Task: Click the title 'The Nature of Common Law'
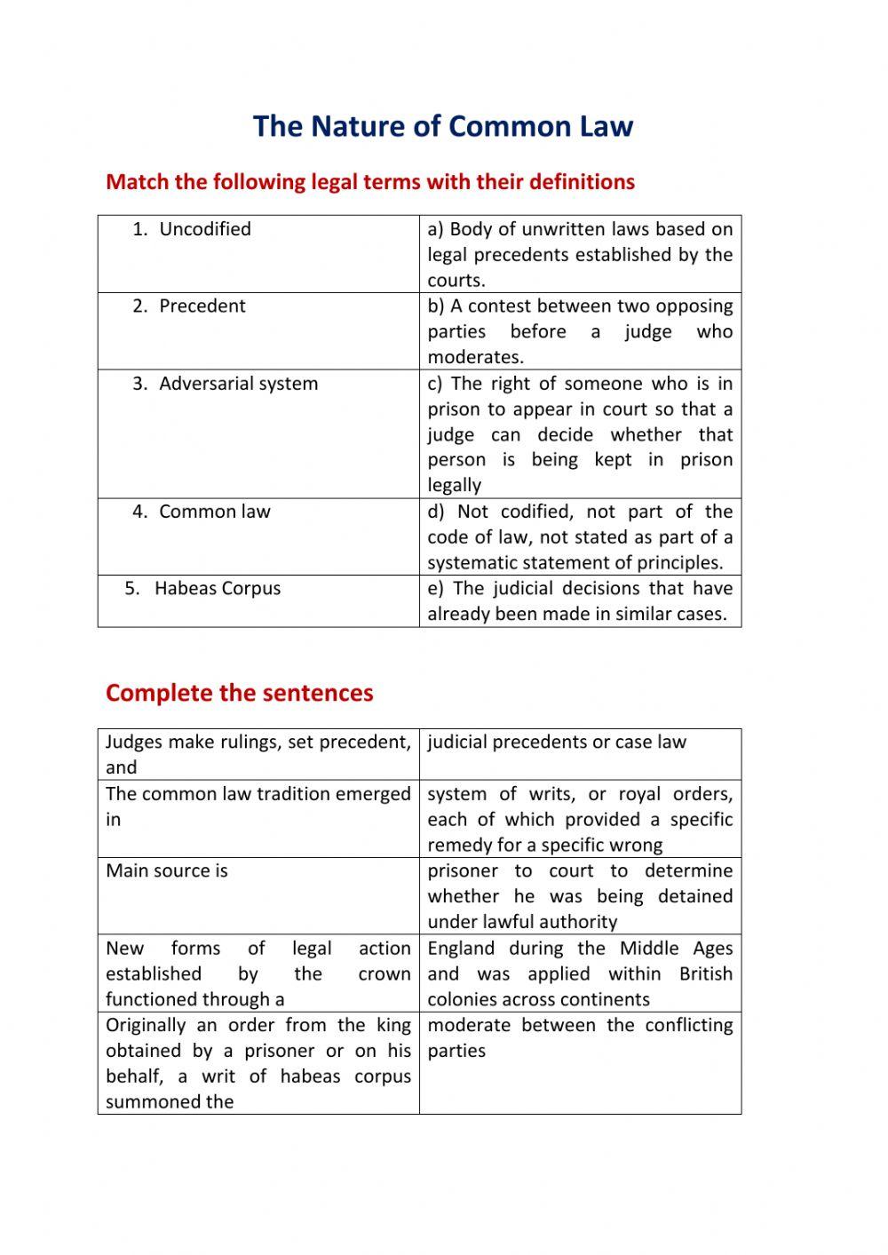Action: [x=442, y=126]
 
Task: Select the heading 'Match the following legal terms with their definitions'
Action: [x=369, y=182]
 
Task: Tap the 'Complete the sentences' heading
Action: [x=239, y=693]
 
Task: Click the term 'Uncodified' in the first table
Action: [x=204, y=229]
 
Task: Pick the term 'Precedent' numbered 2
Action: [x=202, y=306]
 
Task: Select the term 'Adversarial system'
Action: [x=238, y=384]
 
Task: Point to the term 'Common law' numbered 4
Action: [x=214, y=512]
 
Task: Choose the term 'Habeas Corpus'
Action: [x=217, y=589]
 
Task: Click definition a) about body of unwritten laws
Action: [x=580, y=254]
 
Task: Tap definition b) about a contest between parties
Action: [x=580, y=331]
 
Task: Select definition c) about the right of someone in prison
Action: [x=580, y=434]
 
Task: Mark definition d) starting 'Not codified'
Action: [x=580, y=536]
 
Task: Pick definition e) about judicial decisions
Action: [x=580, y=601]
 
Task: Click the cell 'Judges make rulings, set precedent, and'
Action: [x=258, y=754]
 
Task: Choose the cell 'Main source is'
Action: [x=167, y=870]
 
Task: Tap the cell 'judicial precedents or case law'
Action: [x=557, y=743]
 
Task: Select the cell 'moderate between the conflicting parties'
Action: [x=580, y=1037]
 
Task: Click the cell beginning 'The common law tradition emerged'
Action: [x=258, y=806]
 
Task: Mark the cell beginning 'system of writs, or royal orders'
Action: [x=580, y=819]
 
